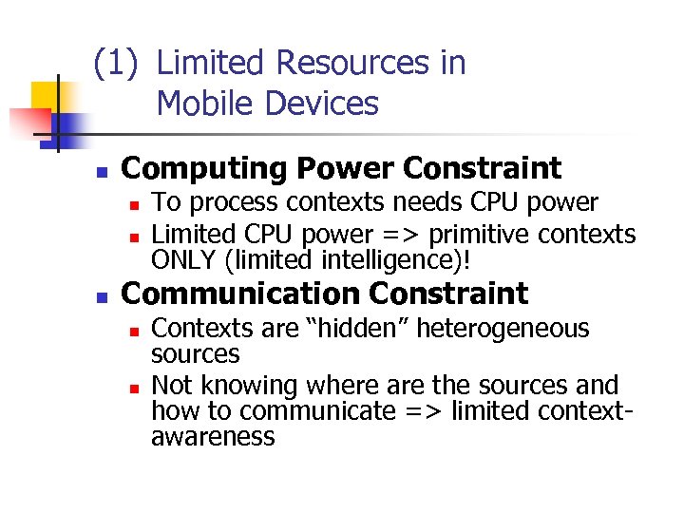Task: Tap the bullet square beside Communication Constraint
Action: (x=98, y=297)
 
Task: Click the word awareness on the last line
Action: (x=213, y=437)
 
